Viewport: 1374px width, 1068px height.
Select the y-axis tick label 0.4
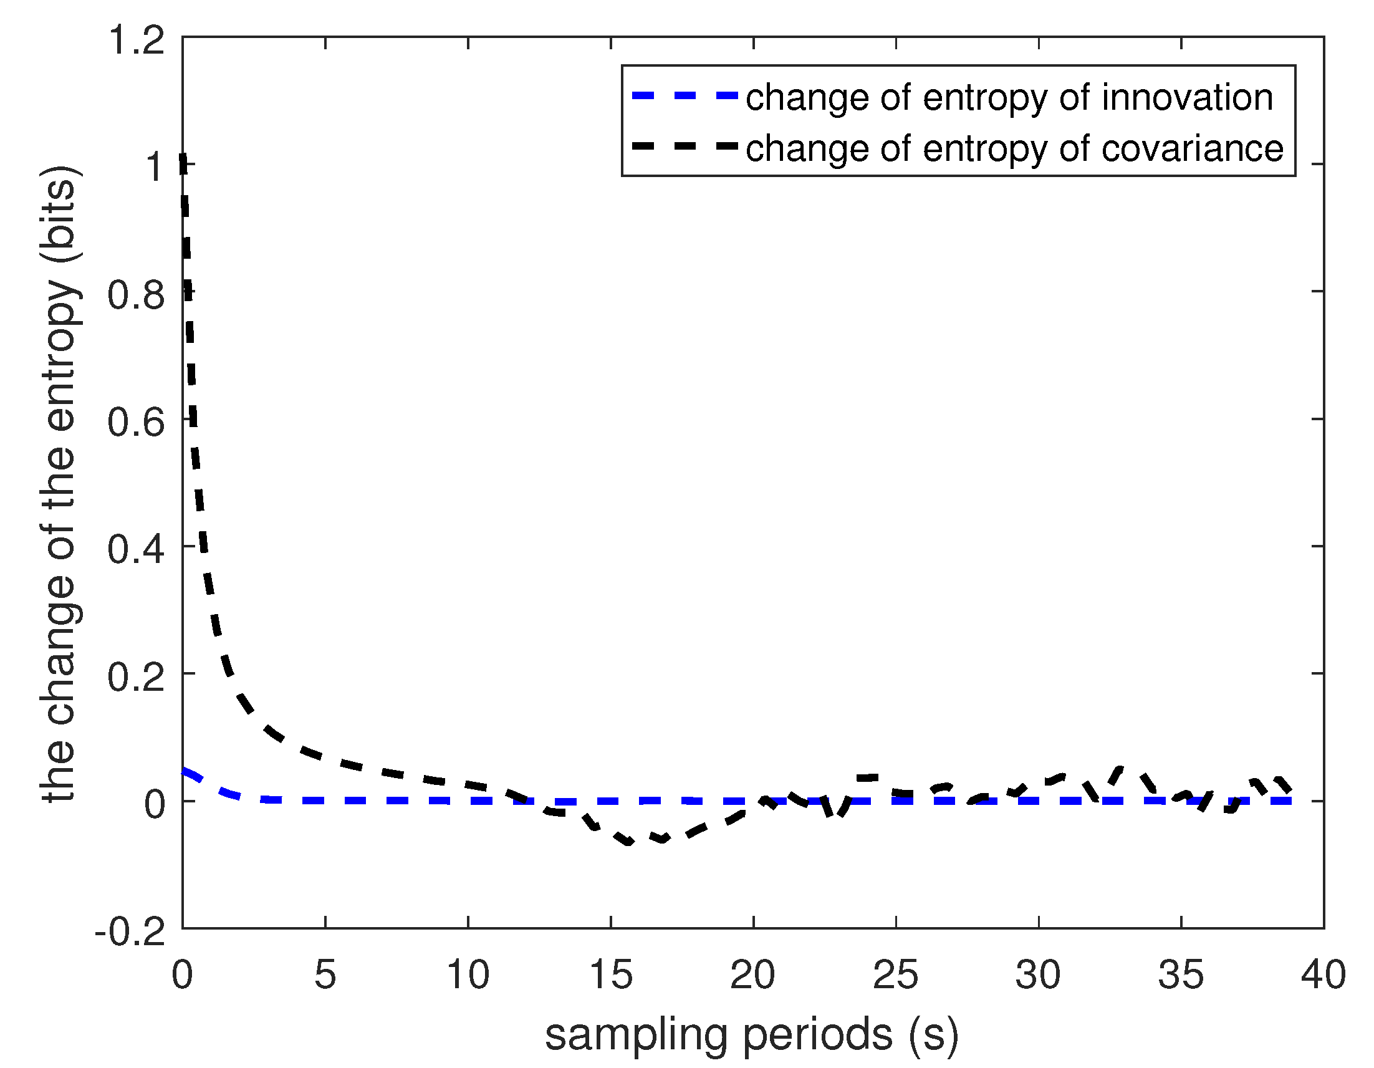tap(137, 549)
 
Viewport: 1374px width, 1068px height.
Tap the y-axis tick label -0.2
tap(130, 931)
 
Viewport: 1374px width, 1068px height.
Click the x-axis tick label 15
tap(610, 975)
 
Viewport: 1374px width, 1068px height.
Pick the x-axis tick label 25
tap(895, 975)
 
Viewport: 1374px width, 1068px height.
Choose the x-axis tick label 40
tap(1323, 975)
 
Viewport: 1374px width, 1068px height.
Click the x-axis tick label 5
tap(325, 975)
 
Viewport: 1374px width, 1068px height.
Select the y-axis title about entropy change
tap(60, 484)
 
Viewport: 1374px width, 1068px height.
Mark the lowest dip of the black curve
tap(628, 842)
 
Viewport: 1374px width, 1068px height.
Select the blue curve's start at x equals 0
tap(184, 771)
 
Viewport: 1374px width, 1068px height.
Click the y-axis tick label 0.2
tap(137, 677)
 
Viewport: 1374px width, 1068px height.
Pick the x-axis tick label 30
tap(1038, 975)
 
